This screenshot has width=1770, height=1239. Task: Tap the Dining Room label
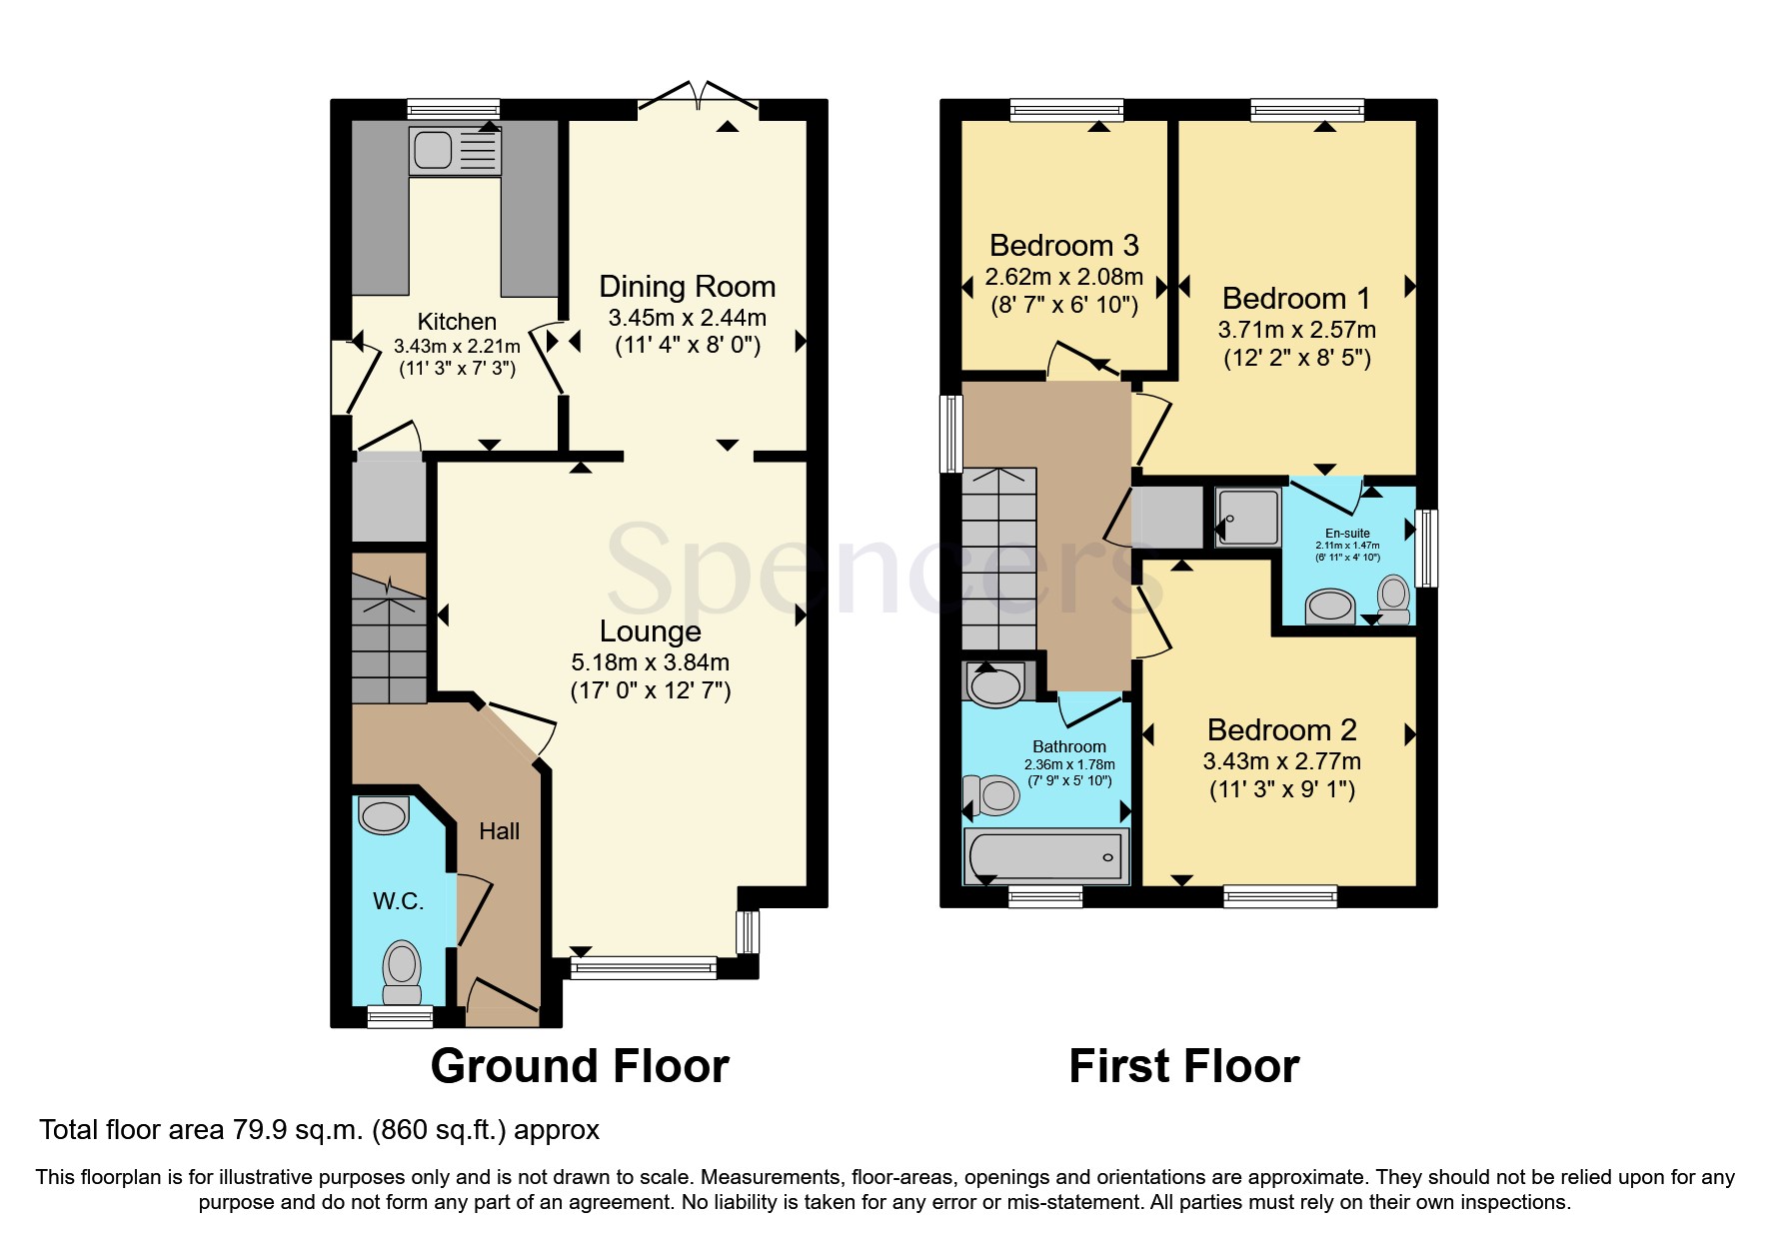[687, 287]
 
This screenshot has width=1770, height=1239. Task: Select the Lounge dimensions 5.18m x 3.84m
[650, 662]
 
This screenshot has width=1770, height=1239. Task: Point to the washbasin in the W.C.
[384, 814]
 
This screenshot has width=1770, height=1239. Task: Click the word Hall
[499, 831]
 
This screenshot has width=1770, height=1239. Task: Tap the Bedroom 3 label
[1063, 246]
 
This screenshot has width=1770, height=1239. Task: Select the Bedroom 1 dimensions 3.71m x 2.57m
[1296, 330]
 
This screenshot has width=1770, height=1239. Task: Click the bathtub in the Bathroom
[1045, 856]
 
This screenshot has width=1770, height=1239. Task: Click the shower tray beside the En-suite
[1247, 518]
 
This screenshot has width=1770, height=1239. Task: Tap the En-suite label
[1347, 534]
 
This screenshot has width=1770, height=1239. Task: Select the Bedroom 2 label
[1281, 730]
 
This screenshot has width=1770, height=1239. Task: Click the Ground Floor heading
[580, 1066]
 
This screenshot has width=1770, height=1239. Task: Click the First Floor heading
[1183, 1066]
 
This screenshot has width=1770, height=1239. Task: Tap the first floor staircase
[999, 560]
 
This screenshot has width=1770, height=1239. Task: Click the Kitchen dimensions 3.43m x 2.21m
[457, 347]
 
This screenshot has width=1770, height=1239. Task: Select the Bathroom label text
[1068, 747]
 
